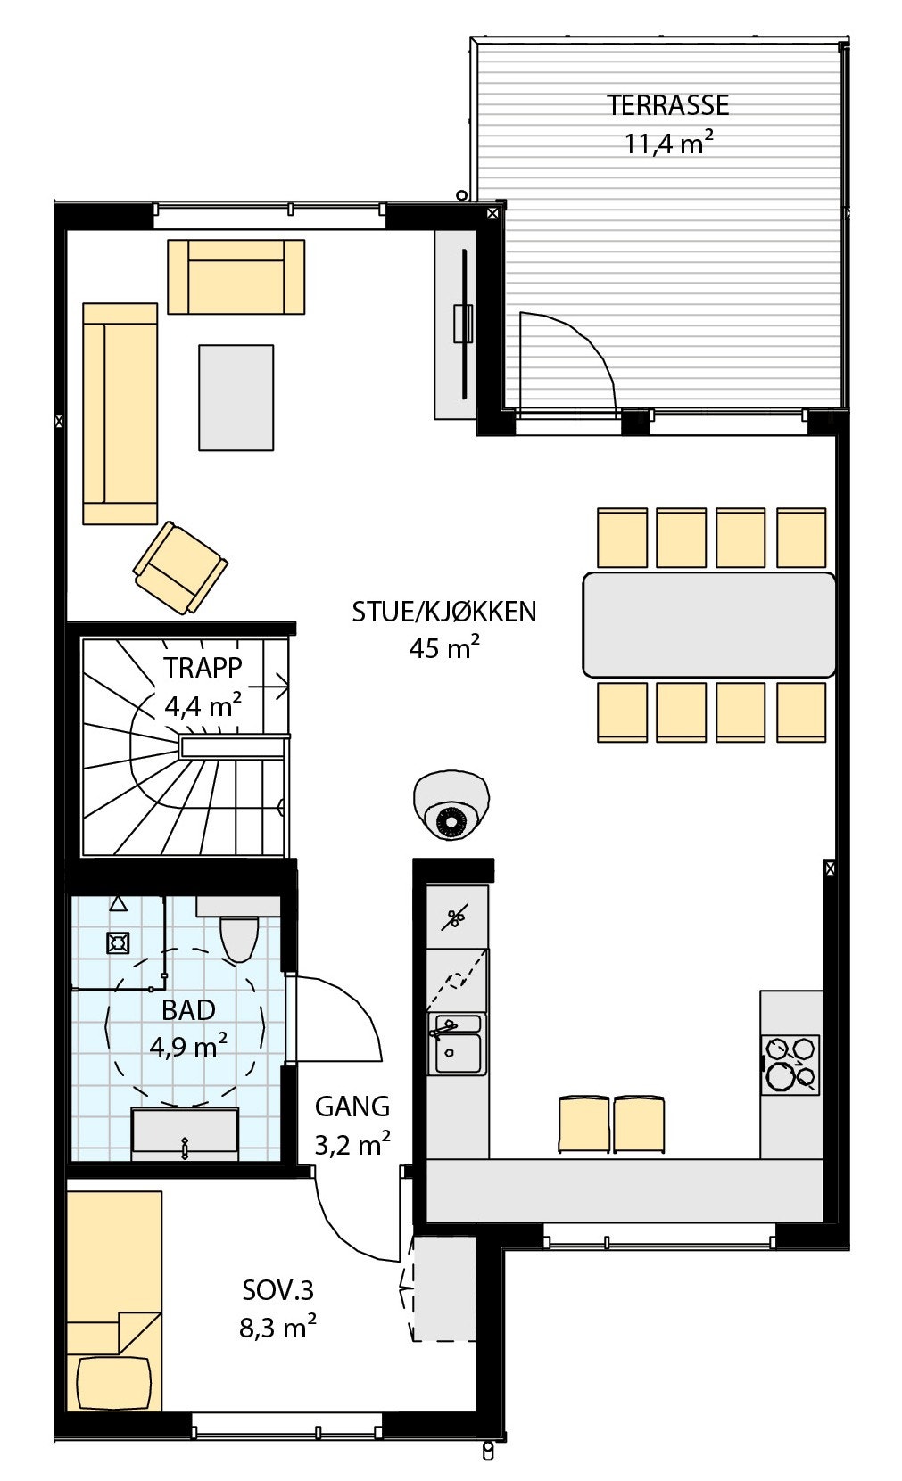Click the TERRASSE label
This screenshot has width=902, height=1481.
pos(667,105)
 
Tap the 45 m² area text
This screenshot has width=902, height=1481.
pos(443,648)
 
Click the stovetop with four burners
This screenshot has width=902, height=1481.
pos(790,1063)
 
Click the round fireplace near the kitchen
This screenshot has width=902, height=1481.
pos(451,804)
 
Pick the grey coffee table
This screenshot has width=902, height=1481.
pos(236,398)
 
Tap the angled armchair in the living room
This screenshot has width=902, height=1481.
pos(179,568)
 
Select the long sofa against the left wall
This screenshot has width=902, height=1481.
pos(120,414)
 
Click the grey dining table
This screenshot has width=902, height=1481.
pos(708,624)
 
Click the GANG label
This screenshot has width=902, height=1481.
pos(352,1107)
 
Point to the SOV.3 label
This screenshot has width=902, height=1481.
pos(278,1290)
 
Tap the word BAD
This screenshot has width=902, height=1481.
pos(188,1010)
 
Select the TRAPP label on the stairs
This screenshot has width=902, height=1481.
pos(203,667)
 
